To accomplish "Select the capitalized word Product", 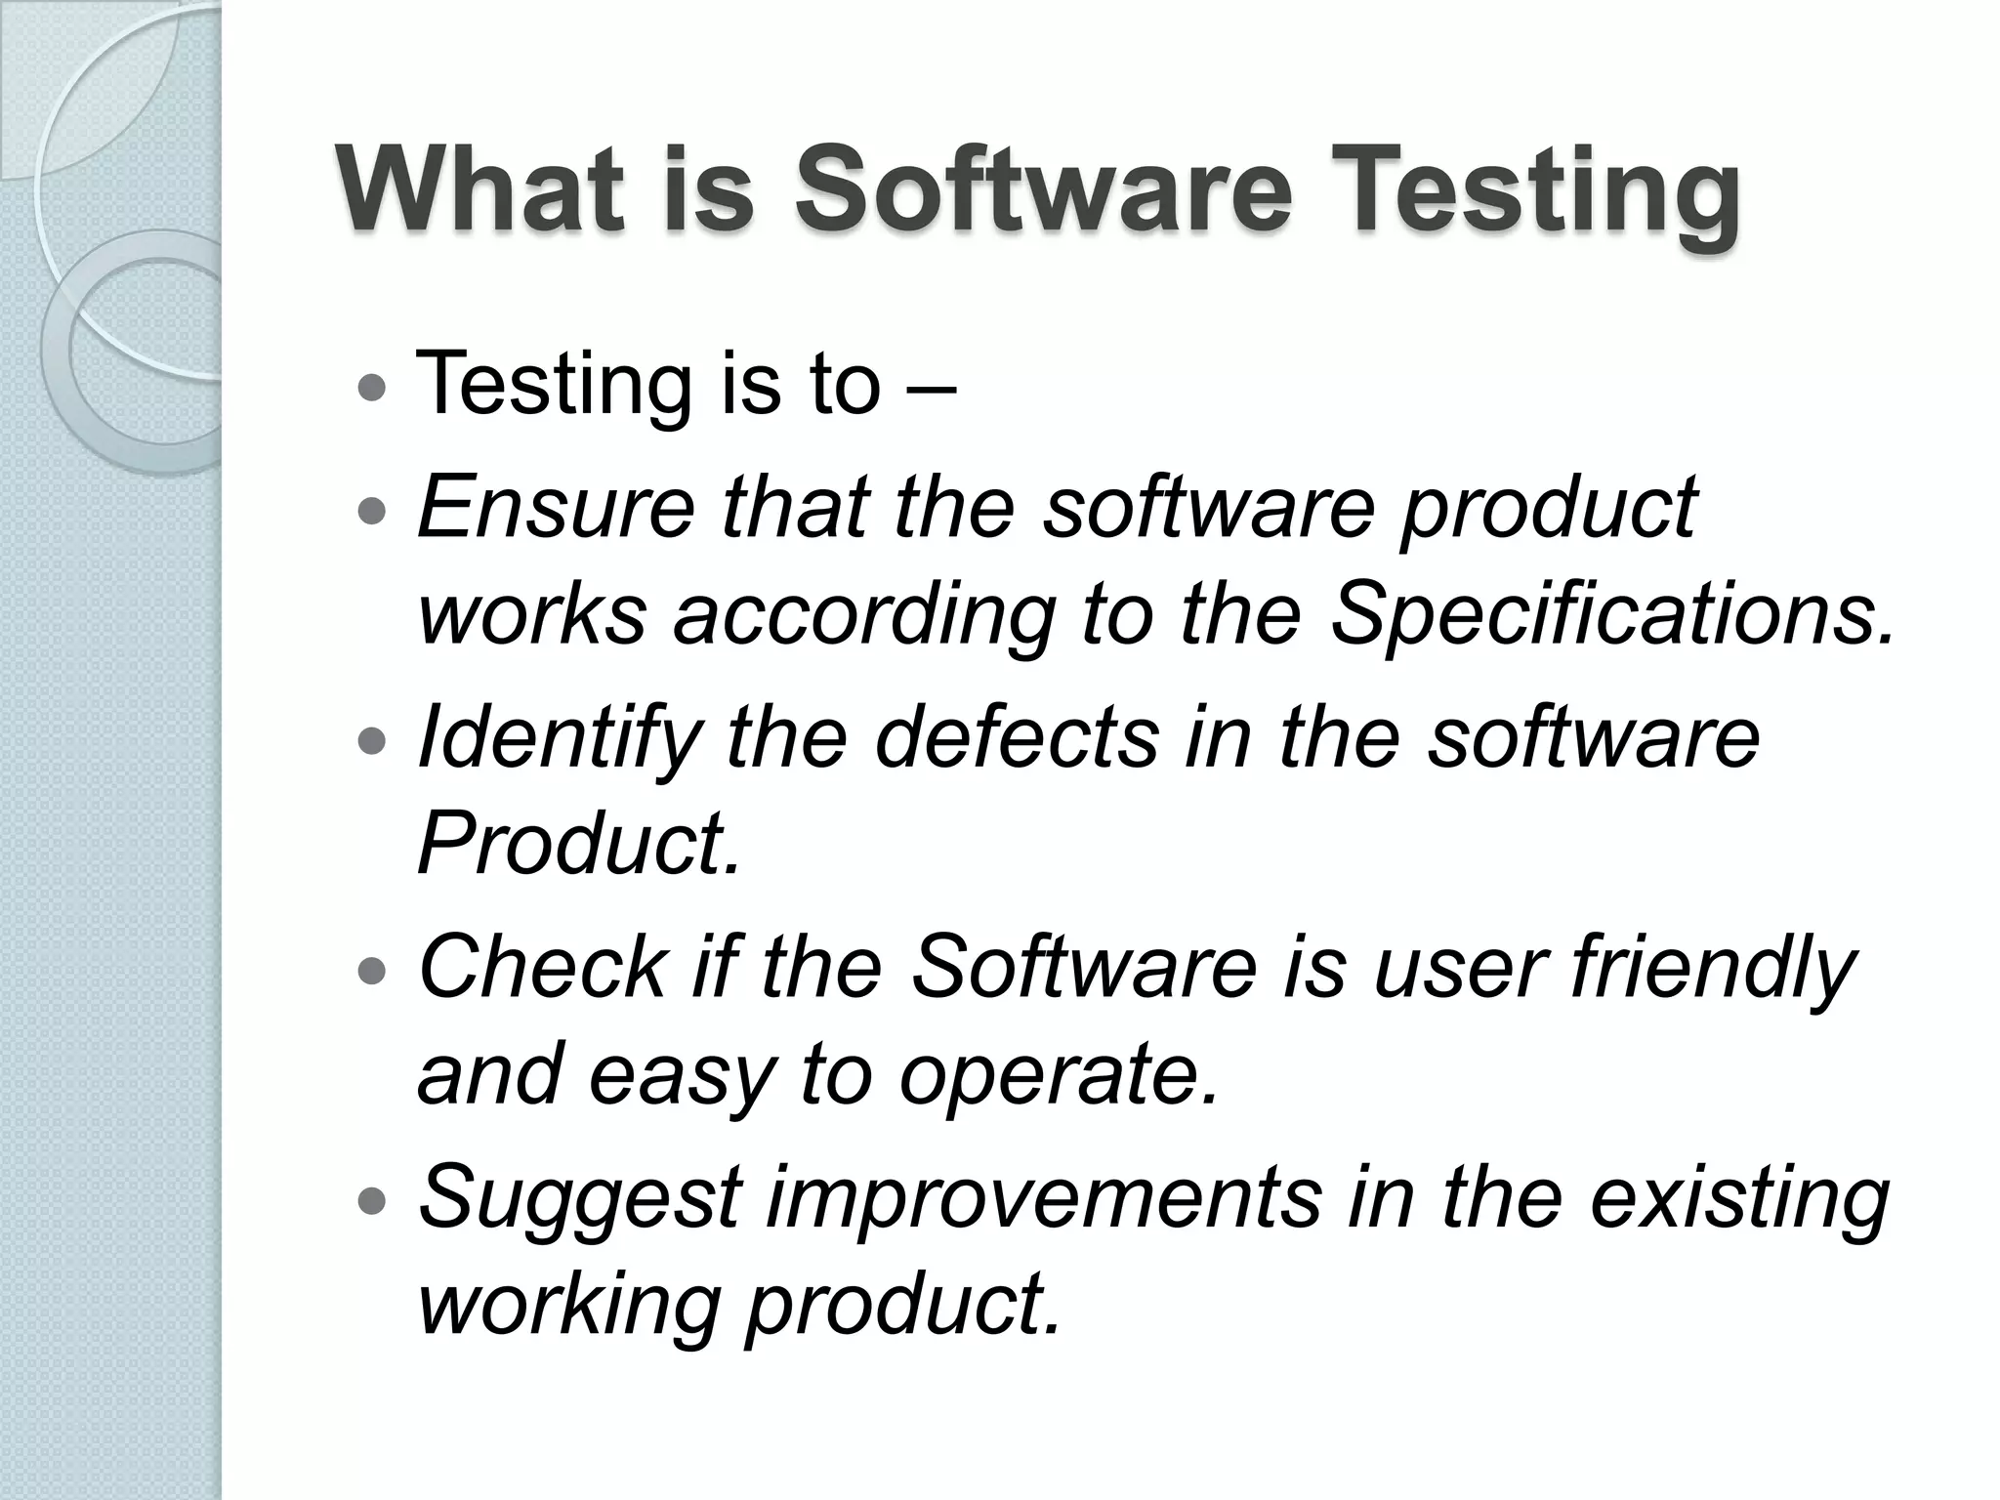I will coord(578,844).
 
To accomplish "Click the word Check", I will coord(543,967).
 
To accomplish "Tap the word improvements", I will coord(1044,1199).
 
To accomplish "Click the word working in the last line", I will coord(567,1307).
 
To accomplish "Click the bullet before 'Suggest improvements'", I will coord(373,1200).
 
